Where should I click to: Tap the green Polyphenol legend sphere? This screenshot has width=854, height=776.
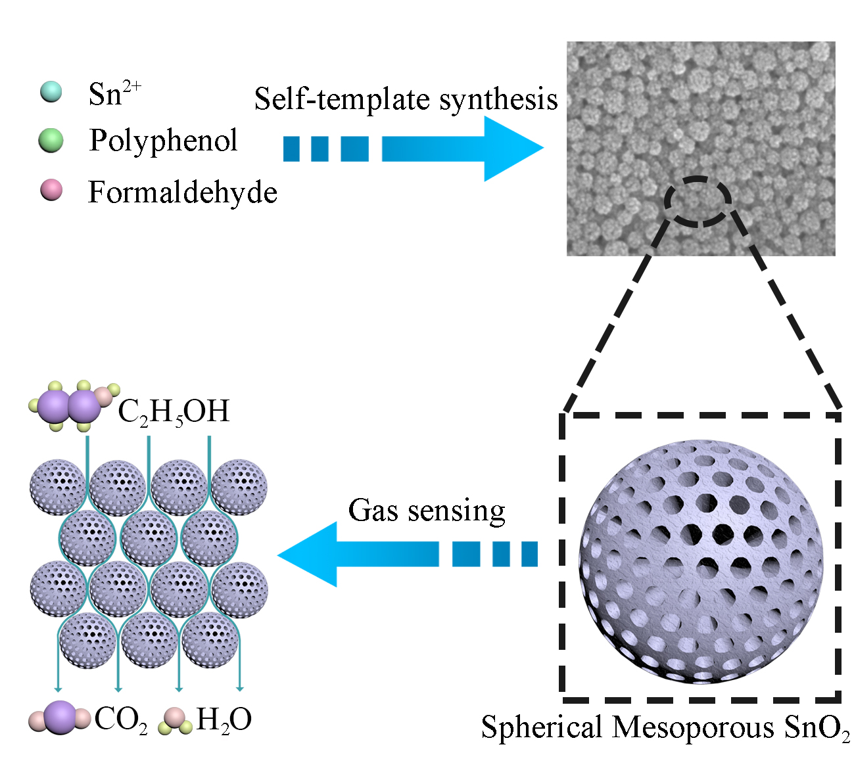tap(51, 141)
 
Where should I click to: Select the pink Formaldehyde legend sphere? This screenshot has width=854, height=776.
tap(51, 190)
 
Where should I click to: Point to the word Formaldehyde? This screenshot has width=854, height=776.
tap(182, 193)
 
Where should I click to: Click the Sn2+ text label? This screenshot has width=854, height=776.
tap(114, 93)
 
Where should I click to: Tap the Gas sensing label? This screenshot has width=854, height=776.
tap(427, 511)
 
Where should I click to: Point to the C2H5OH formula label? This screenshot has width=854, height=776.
tap(174, 413)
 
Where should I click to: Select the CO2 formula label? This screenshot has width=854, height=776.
tap(120, 720)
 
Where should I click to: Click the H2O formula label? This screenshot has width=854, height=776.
tap(224, 720)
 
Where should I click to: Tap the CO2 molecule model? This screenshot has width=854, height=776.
tap(59, 718)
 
